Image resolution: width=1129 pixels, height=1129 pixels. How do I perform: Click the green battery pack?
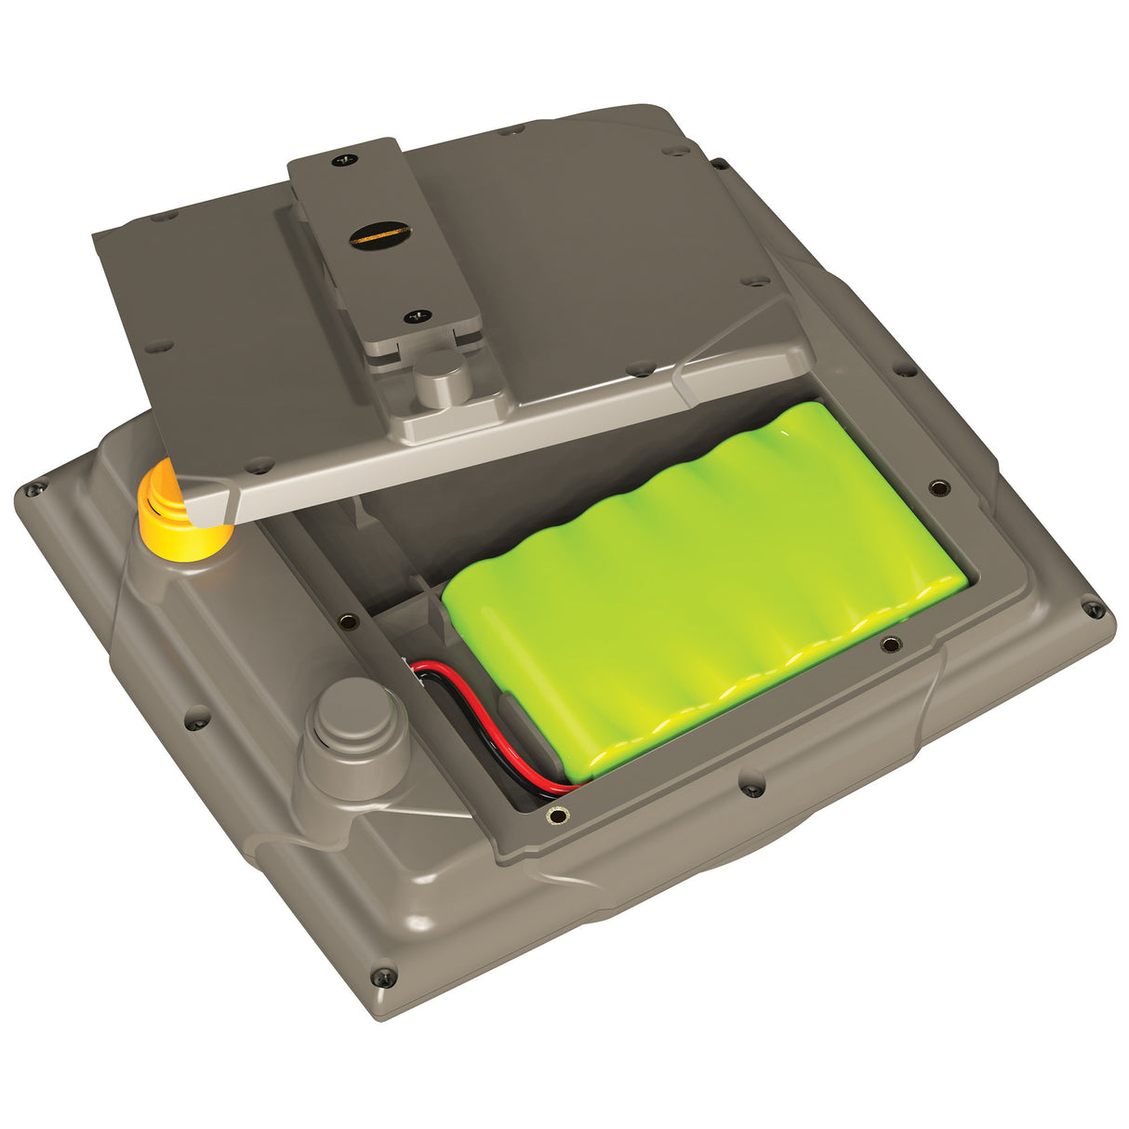tap(707, 586)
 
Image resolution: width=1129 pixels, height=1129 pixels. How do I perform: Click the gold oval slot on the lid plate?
tap(379, 234)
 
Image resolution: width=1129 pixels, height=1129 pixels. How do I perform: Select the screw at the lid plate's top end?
tap(346, 159)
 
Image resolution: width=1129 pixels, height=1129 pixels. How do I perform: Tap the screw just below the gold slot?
tap(417, 316)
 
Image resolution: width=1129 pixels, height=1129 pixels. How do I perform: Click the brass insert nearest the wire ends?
tap(557, 817)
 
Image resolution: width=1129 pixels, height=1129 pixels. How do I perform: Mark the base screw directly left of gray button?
tap(197, 717)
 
